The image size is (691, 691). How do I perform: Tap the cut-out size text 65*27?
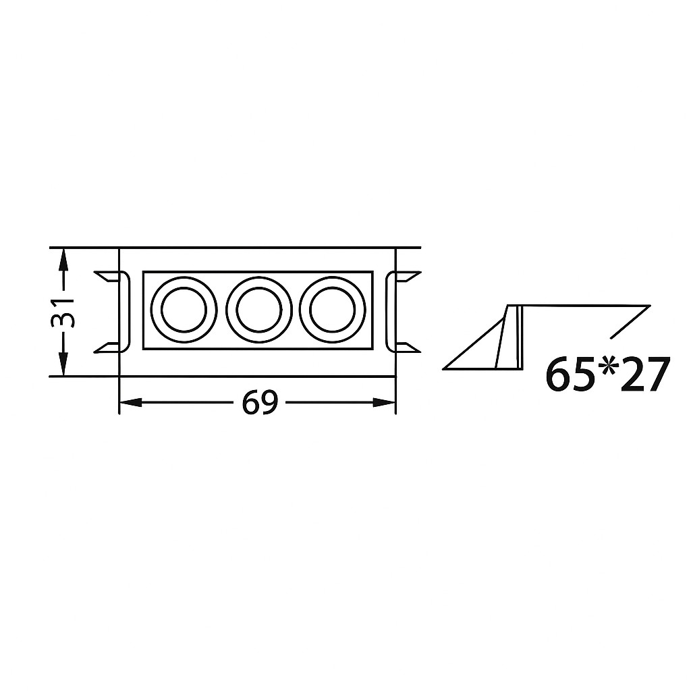(608, 375)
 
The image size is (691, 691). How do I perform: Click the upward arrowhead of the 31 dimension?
(63, 259)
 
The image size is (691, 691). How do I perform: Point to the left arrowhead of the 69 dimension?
(130, 402)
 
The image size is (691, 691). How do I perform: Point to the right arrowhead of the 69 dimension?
(384, 402)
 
